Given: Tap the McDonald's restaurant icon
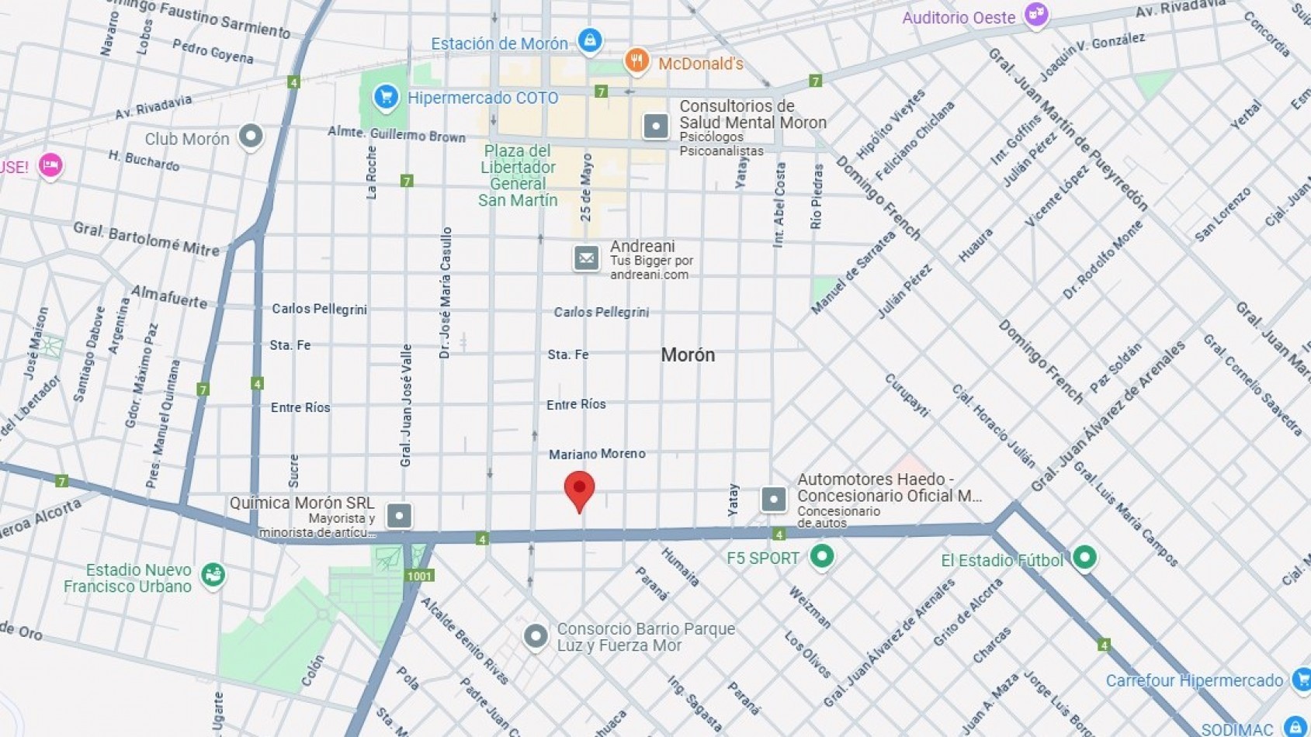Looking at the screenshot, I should [636, 61].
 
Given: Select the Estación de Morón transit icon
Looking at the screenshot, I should [590, 40].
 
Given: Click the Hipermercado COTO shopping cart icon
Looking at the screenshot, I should [386, 98].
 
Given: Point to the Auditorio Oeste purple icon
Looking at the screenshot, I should [1035, 15].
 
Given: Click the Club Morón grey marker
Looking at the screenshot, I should [251, 137].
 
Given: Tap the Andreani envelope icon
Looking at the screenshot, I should [586, 258].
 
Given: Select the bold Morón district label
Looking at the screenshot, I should [688, 355].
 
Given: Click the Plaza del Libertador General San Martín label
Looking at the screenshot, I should [518, 175].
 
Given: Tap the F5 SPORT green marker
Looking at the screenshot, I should [821, 556].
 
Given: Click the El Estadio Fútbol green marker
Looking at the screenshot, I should [1084, 557].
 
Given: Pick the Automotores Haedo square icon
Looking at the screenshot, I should [773, 499].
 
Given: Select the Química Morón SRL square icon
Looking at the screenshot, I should [399, 515].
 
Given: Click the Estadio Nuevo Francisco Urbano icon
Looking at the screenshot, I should [213, 575].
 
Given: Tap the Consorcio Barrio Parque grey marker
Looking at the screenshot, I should [535, 636].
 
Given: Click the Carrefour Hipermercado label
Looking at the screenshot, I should [1194, 681].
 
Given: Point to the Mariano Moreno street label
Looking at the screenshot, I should [597, 454].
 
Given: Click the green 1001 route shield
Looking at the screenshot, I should [419, 576].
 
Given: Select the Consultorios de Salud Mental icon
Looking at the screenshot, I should [656, 126].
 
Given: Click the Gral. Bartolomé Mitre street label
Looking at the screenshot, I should [147, 239].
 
